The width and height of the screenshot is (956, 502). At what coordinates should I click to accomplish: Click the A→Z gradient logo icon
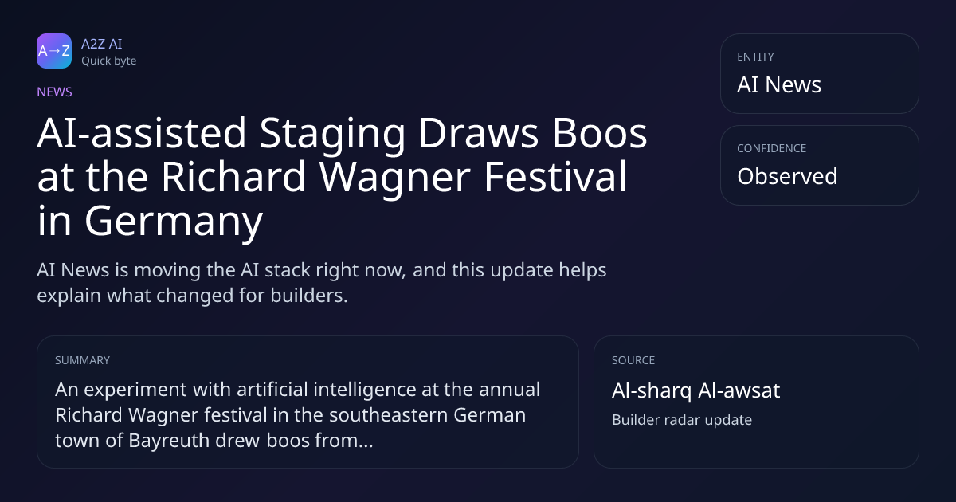[x=54, y=51]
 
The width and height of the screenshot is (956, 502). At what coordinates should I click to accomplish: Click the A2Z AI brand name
[x=102, y=44]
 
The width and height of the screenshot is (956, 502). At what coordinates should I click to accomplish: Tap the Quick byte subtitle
[x=109, y=61]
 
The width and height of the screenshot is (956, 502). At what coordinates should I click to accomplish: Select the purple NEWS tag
[x=55, y=92]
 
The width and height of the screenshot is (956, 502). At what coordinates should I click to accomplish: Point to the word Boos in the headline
[x=600, y=133]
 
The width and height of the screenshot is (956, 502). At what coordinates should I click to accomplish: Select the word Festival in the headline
[x=555, y=177]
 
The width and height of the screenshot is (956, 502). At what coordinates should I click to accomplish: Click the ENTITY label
[x=755, y=57]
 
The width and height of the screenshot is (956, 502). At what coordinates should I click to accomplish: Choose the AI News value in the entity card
[x=779, y=84]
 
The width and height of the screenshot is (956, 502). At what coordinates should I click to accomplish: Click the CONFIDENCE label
[x=772, y=148]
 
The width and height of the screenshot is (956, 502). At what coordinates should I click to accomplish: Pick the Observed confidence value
[x=787, y=176]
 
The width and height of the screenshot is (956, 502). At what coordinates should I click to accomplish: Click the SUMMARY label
[x=82, y=360]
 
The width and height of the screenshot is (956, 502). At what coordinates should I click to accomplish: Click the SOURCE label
[x=633, y=360]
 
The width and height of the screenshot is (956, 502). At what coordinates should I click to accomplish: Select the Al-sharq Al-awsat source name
[x=696, y=391]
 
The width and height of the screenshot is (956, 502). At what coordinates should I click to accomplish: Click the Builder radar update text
[x=682, y=420]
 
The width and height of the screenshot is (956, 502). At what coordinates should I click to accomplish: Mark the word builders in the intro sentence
[x=309, y=296]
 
